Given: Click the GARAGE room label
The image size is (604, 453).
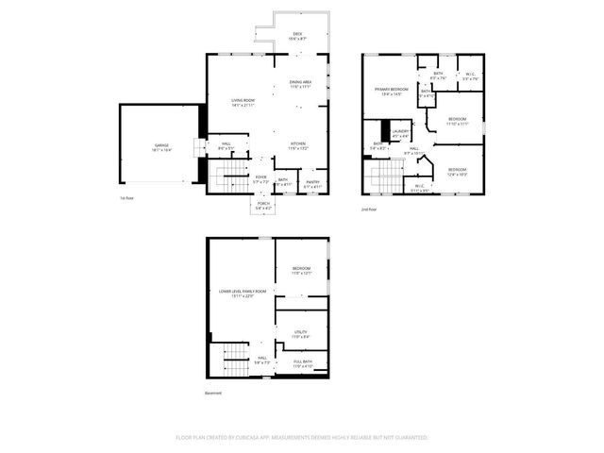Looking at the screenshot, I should click(162, 145).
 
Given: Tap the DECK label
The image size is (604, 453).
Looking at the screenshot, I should click(297, 34).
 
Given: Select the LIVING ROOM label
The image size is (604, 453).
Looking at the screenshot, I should click(243, 100).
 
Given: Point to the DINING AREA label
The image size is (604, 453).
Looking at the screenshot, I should click(301, 83).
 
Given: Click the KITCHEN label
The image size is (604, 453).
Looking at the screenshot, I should click(298, 144).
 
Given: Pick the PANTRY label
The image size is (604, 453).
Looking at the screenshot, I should click(312, 182).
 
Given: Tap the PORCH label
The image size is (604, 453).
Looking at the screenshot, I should click(262, 204).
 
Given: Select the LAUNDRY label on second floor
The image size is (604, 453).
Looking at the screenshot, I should click(401, 131).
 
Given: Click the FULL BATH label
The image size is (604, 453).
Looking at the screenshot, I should click(302, 361).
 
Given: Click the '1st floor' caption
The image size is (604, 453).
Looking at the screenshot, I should click(126, 198).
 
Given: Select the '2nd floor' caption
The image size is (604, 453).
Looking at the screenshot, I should click(369, 209).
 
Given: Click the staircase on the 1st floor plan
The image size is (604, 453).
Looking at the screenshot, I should click(226, 175).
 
